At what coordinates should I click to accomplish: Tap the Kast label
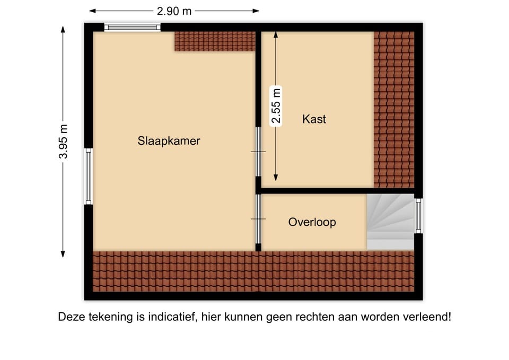[314, 119]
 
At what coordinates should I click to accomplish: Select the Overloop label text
[312, 222]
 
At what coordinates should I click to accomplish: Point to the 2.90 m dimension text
[174, 11]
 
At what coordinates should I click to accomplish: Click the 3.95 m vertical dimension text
[63, 142]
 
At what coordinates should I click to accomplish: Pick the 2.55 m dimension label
[276, 106]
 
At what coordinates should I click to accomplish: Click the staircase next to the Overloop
[390, 222]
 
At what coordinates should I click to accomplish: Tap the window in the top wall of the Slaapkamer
[132, 27]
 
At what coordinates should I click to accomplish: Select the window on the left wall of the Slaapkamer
[89, 176]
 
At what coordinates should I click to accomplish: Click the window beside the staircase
[418, 216]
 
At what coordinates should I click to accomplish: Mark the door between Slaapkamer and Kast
[258, 152]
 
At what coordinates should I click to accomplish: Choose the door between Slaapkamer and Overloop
[258, 219]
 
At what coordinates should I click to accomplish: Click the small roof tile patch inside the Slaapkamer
[215, 41]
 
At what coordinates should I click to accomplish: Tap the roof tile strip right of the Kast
[393, 109]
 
